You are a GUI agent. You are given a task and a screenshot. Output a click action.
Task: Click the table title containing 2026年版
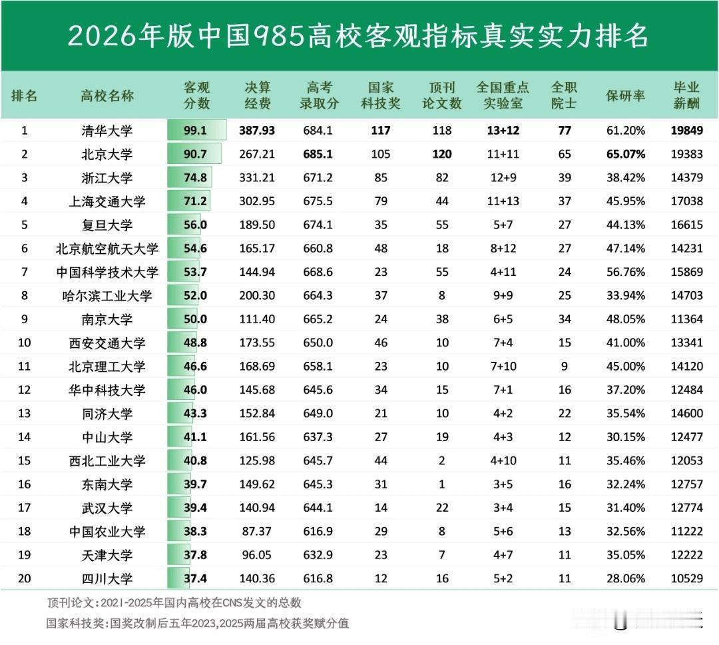(358, 36)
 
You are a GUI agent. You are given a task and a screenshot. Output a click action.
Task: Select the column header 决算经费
(257, 95)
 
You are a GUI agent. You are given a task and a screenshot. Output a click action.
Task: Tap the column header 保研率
(625, 96)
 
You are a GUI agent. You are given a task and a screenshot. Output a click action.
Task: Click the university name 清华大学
(107, 131)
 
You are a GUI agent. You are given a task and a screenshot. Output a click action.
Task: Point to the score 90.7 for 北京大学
(195, 155)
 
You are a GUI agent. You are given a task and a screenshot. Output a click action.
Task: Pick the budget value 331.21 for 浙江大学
(256, 178)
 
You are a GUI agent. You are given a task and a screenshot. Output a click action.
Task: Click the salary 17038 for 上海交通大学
(686, 201)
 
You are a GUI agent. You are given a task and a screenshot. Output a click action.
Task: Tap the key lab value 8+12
(503, 249)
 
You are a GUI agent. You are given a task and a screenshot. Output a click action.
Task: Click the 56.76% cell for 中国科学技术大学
(625, 272)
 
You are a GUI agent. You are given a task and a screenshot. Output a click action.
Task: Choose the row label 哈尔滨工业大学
(107, 296)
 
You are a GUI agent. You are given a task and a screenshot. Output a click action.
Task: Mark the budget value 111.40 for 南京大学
(256, 319)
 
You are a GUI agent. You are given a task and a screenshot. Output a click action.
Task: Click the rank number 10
(25, 342)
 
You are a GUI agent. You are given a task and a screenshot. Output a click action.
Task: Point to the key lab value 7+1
(503, 390)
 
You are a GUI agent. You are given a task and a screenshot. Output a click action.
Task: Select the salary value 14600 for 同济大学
(686, 413)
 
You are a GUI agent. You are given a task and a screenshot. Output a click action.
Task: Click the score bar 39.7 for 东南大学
(195, 484)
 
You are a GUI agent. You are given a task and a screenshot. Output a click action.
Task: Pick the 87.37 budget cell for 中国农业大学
(256, 531)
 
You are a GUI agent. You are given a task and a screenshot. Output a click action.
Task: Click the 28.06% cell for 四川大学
(625, 578)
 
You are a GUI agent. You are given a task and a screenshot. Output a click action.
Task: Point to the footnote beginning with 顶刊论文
(174, 603)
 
